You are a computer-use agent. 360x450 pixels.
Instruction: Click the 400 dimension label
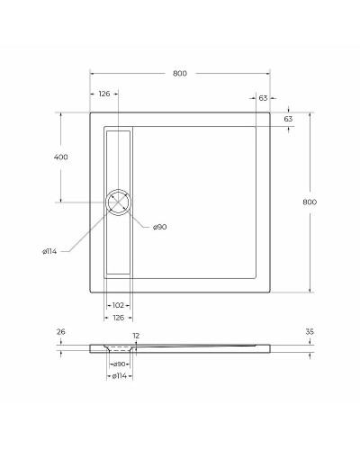(x=61, y=157)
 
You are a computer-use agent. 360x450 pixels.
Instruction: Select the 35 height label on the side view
(x=309, y=332)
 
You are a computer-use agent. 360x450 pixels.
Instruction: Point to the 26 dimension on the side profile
(x=61, y=332)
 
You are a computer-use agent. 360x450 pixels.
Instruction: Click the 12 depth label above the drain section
(x=136, y=336)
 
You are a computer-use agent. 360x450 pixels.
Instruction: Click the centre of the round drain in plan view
(x=118, y=202)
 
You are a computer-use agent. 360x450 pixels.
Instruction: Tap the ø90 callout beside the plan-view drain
(x=159, y=227)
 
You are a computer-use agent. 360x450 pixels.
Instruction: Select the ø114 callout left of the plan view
(x=49, y=251)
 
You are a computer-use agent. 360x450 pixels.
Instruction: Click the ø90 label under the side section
(x=118, y=364)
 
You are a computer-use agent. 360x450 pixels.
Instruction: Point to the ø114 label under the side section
(x=118, y=375)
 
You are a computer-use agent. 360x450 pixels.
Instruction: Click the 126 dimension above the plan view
(x=103, y=94)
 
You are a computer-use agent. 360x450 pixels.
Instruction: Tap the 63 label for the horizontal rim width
(x=263, y=97)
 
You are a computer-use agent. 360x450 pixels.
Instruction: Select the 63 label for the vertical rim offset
(x=288, y=119)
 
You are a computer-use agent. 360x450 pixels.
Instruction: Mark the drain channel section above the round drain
(x=118, y=157)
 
